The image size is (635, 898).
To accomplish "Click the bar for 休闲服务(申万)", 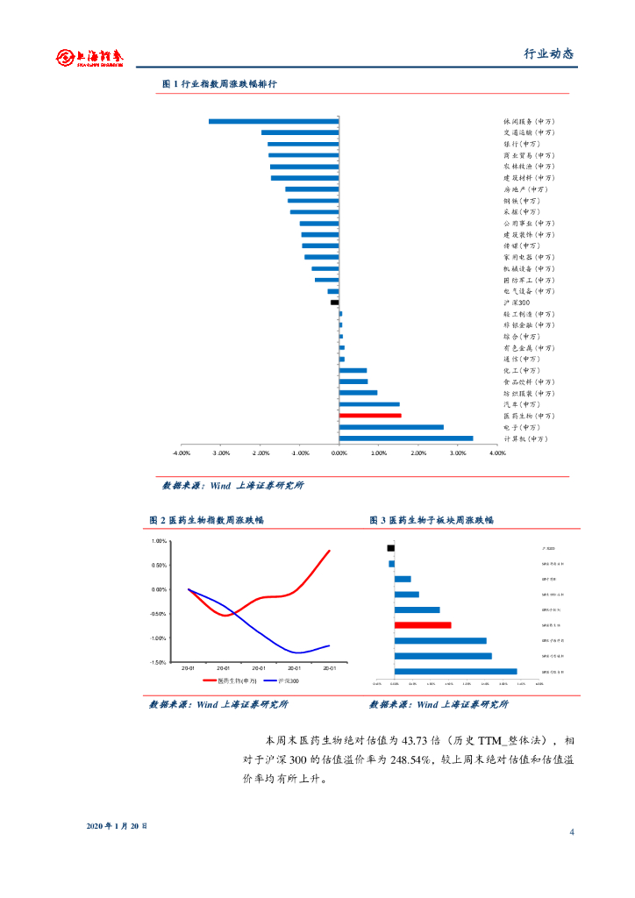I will [274, 121].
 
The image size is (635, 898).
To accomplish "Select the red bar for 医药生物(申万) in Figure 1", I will [370, 416].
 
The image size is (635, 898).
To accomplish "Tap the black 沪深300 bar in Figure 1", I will [334, 303].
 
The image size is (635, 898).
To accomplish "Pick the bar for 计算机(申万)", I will [406, 438].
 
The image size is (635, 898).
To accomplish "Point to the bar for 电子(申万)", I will [391, 427].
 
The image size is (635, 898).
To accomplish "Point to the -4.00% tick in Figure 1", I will [182, 453].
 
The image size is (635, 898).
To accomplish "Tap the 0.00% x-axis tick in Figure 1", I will [339, 453].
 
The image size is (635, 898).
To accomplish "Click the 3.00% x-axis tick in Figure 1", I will [458, 453].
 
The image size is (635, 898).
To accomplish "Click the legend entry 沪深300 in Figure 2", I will [288, 680].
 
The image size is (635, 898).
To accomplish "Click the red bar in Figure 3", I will [423, 625].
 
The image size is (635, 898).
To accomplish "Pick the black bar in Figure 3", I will [390, 548].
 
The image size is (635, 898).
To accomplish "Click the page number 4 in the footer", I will [571, 831].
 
